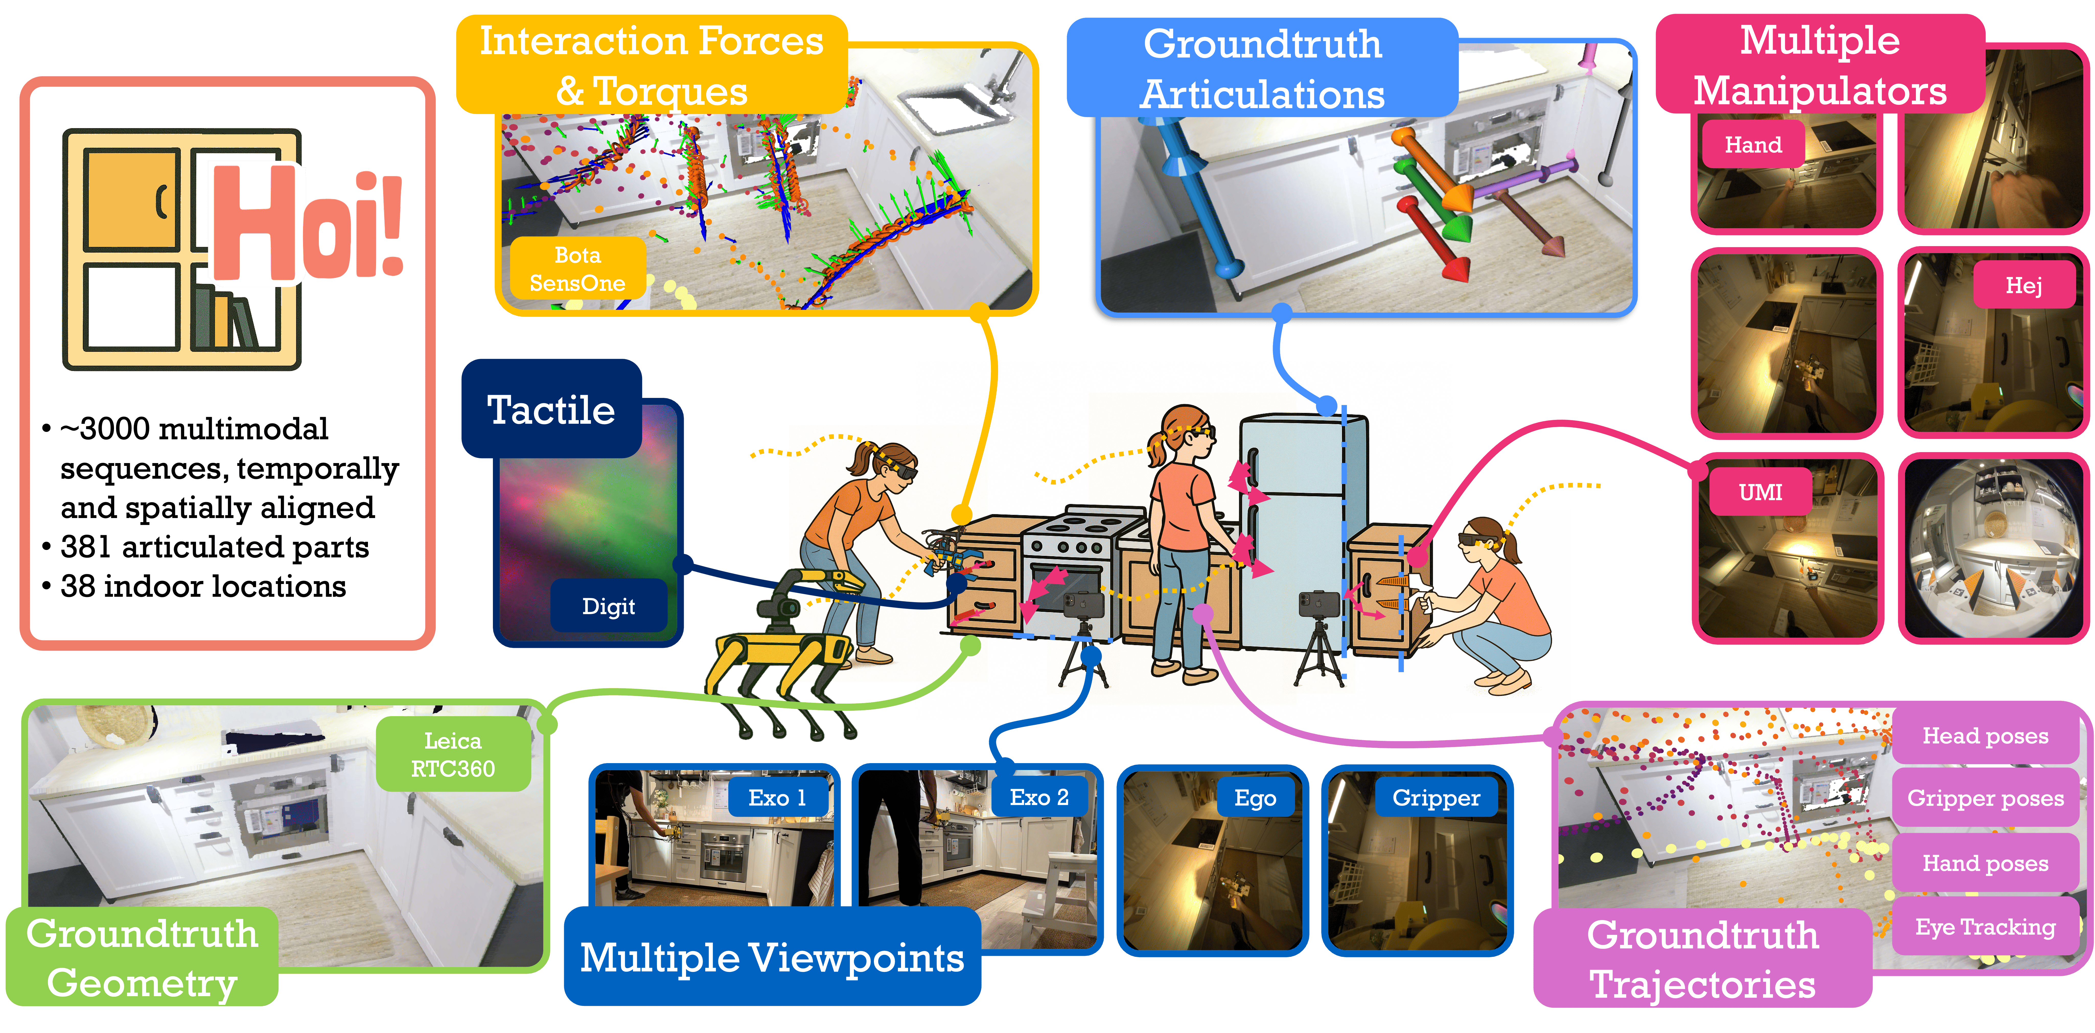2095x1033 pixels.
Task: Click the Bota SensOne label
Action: point(577,269)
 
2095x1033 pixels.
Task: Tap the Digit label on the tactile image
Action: point(608,606)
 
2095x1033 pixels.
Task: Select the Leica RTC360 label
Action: point(453,754)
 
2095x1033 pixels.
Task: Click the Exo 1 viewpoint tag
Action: point(778,798)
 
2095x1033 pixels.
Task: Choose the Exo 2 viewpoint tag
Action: point(1038,798)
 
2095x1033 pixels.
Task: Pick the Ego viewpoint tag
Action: point(1255,798)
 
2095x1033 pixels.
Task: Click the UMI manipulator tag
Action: point(1760,492)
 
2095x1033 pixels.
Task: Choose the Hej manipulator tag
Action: point(2023,285)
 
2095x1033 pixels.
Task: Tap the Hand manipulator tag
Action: point(1753,145)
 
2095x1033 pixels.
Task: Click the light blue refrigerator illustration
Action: point(1293,529)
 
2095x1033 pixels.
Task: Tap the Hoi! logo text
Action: point(305,224)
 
